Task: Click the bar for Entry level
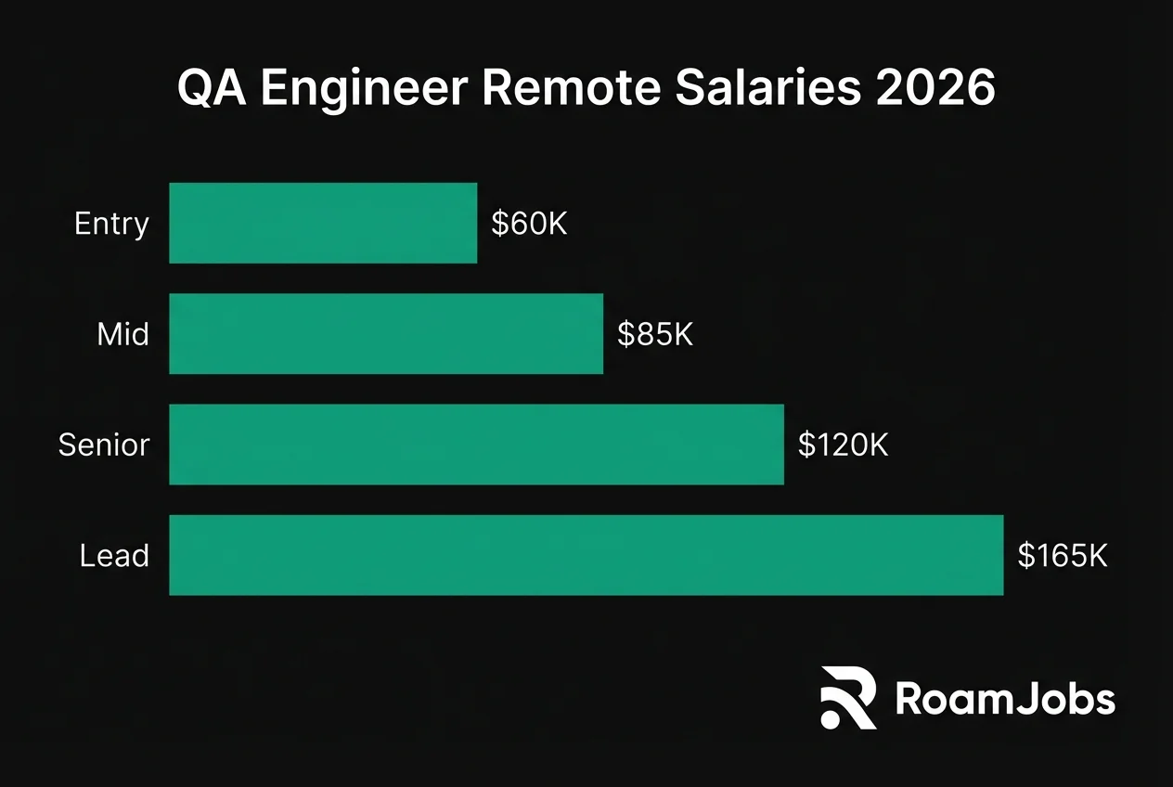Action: click(x=323, y=223)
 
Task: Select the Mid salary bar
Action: click(x=386, y=334)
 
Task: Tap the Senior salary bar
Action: click(x=476, y=445)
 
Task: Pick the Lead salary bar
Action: click(x=586, y=555)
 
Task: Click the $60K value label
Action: click(x=529, y=224)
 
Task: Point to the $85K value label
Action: click(x=655, y=334)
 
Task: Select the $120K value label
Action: click(x=843, y=445)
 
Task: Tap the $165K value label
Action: click(x=1062, y=556)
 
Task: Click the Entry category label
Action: click(x=111, y=225)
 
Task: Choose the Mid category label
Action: click(x=122, y=334)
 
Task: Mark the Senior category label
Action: click(x=103, y=445)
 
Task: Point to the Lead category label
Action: click(x=114, y=556)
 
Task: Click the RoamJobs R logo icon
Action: click(x=848, y=697)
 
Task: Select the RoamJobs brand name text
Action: click(x=1005, y=699)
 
